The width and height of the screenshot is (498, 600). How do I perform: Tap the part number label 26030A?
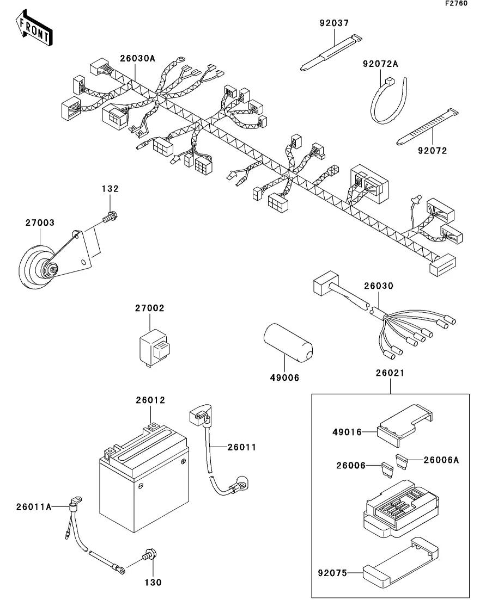pyautogui.click(x=138, y=58)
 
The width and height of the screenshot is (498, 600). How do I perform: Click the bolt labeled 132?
pyautogui.click(x=110, y=217)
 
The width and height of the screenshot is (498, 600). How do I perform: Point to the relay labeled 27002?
pyautogui.click(x=154, y=348)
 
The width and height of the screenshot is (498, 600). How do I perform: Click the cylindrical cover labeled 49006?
pyautogui.click(x=288, y=343)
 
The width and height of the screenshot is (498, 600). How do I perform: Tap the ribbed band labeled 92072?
pyautogui.click(x=428, y=127)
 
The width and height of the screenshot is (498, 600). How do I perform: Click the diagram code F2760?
pyautogui.click(x=456, y=3)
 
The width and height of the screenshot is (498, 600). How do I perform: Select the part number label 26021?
pyautogui.click(x=390, y=373)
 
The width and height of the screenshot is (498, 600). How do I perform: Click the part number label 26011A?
pyautogui.click(x=34, y=507)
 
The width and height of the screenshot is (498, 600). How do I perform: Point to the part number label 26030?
pyautogui.click(x=379, y=286)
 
